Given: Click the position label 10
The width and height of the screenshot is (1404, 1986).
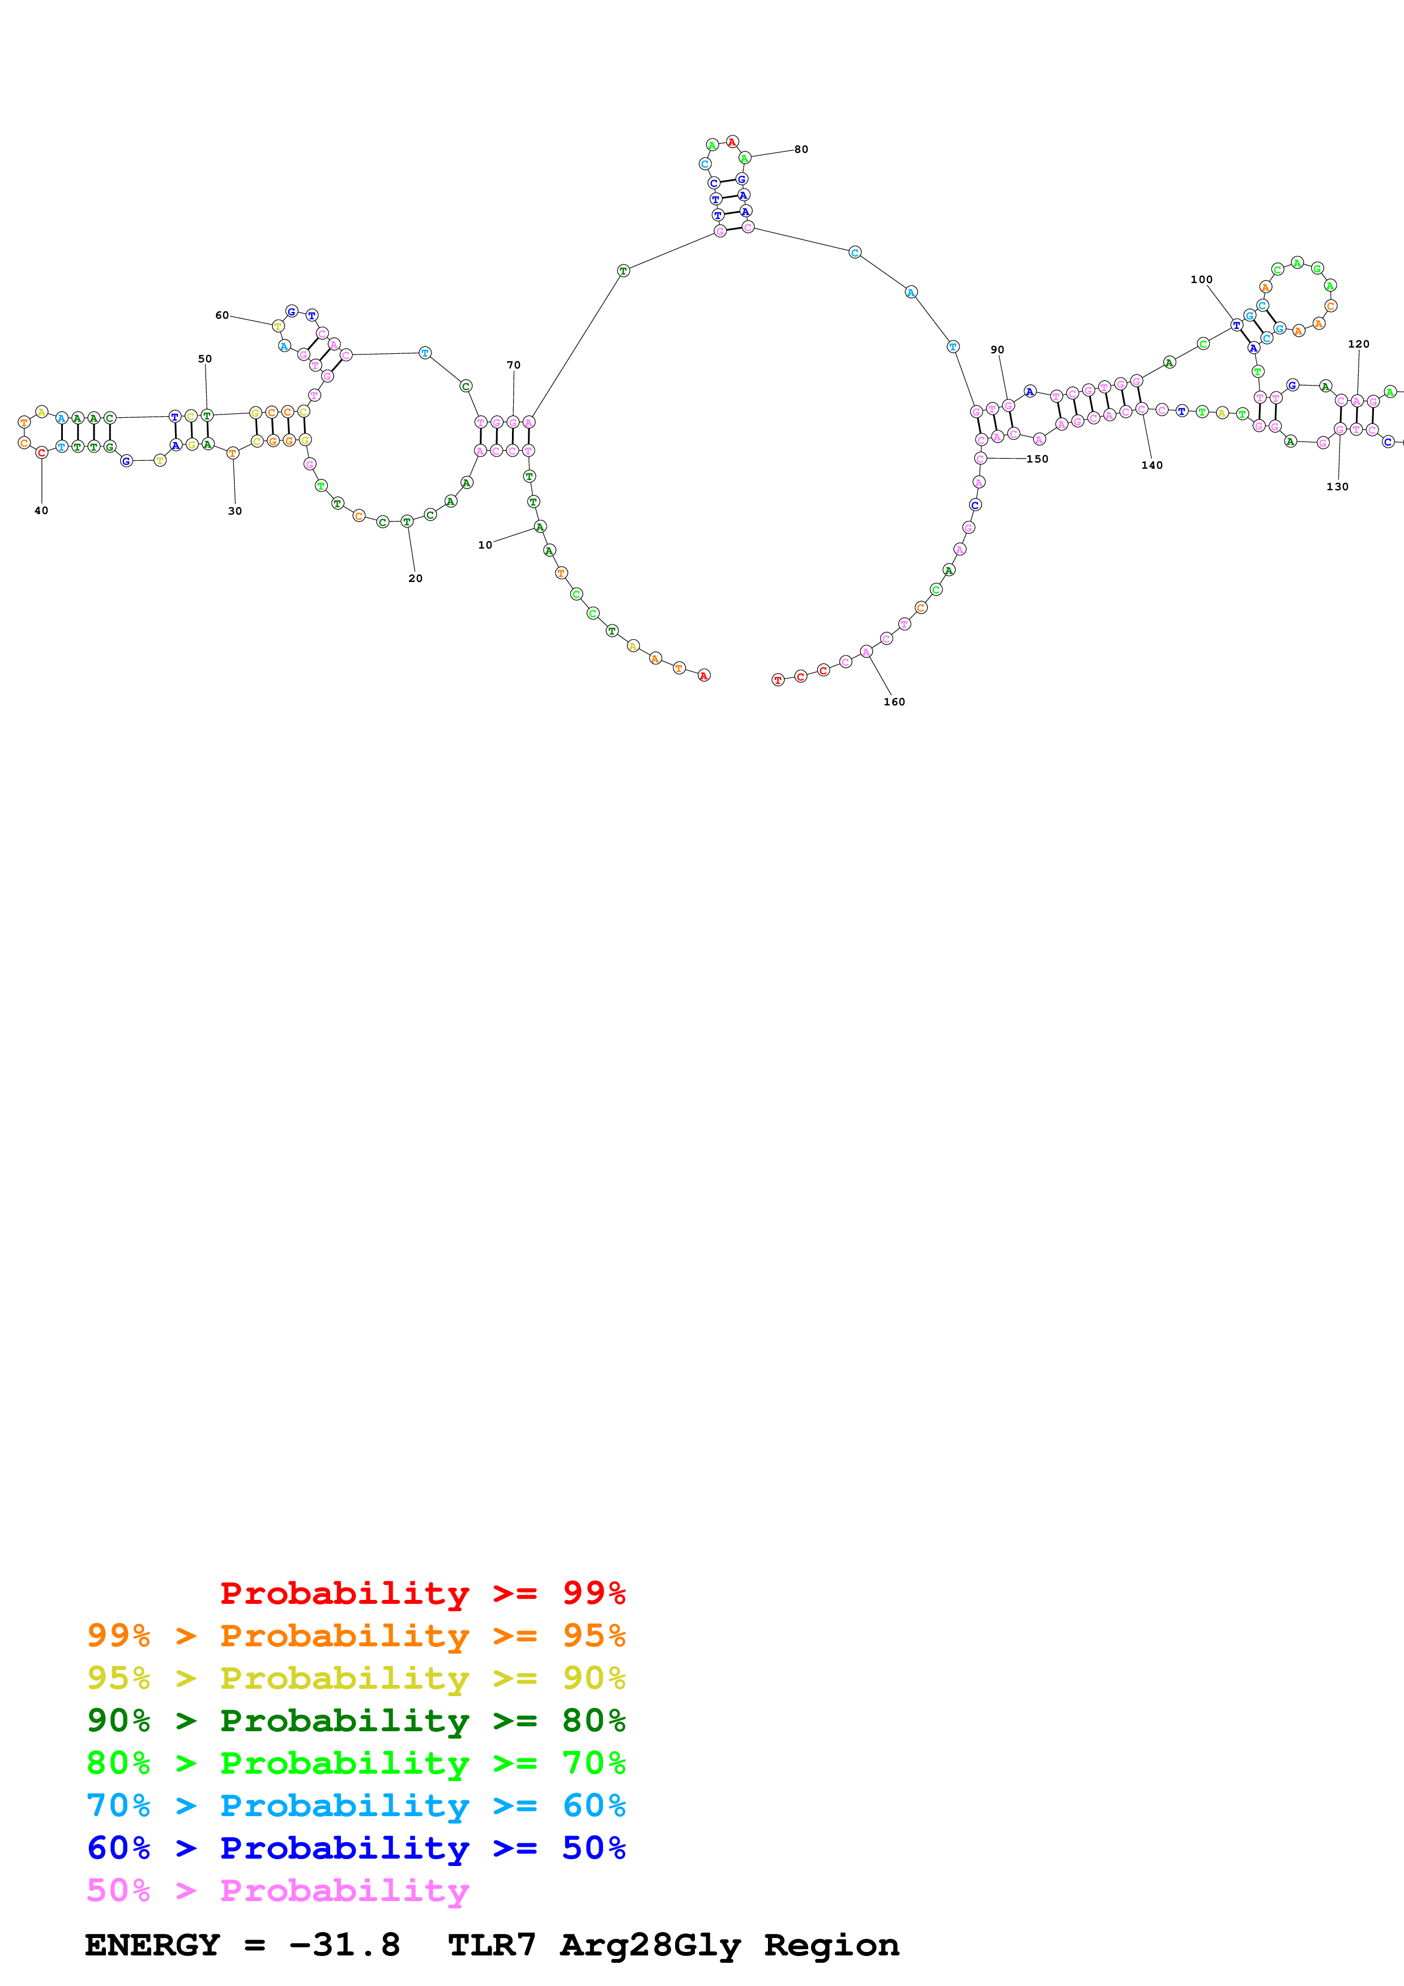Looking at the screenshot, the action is (x=484, y=545).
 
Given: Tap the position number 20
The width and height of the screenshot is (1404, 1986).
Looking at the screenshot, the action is (x=415, y=579).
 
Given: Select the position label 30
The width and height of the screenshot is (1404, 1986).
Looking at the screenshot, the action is (x=234, y=511).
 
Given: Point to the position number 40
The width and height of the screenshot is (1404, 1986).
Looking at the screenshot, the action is (x=41, y=510).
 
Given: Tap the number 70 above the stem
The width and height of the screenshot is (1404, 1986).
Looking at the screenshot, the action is (x=513, y=365).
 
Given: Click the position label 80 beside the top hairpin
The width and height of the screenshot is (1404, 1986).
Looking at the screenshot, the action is (x=801, y=149).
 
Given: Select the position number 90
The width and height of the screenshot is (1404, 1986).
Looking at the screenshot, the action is (x=997, y=349).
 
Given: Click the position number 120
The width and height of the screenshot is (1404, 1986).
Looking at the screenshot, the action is (x=1358, y=344).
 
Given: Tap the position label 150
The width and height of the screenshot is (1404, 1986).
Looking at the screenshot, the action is (x=1036, y=459).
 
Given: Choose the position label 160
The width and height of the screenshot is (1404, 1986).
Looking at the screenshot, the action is (x=894, y=701).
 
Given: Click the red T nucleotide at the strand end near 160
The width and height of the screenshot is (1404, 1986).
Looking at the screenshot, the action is (x=778, y=680).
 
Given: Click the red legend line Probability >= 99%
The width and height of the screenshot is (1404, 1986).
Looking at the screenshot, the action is (x=422, y=1593).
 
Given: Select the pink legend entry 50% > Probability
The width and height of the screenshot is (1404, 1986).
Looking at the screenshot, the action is (x=278, y=1891).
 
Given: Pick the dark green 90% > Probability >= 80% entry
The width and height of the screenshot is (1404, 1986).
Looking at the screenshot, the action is (x=356, y=1720).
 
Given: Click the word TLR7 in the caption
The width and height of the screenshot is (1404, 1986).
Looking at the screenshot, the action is (x=492, y=1945).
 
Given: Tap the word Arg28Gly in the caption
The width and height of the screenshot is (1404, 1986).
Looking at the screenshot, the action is (x=650, y=1945).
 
